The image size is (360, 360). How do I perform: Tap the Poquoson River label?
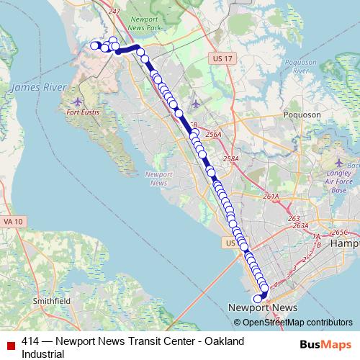300,66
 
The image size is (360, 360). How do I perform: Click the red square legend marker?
9,341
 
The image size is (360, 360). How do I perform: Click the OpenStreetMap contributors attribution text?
298,323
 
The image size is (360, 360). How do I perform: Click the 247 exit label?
113,12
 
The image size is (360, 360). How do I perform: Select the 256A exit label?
213,134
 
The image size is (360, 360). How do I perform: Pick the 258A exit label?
231,159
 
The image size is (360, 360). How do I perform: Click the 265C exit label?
340,232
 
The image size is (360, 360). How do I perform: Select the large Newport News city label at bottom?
263,307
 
